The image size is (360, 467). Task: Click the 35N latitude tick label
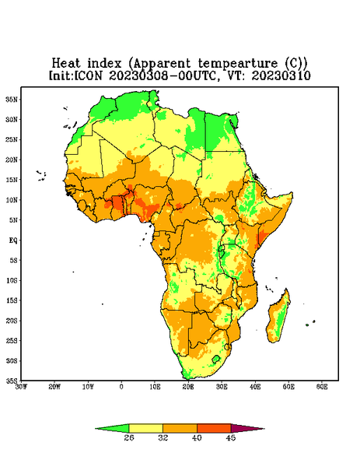point(12,100)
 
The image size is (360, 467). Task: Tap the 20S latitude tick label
point(12,321)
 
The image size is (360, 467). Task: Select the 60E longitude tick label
point(322,387)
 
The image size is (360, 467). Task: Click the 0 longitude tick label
point(121,387)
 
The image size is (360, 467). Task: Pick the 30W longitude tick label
point(21,387)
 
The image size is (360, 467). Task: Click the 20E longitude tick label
point(188,387)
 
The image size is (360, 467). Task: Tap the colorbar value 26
point(129,437)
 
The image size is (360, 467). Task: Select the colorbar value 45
point(231,437)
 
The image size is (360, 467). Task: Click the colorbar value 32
point(163,437)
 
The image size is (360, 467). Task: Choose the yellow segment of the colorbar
point(145,428)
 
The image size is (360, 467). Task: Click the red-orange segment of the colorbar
point(214,428)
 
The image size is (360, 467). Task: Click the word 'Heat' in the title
point(66,63)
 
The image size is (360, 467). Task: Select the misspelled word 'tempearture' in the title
point(238,64)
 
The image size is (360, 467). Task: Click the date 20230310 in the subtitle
point(281,75)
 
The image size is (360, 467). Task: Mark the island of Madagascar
point(279,318)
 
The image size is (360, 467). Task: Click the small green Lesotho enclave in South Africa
point(216,359)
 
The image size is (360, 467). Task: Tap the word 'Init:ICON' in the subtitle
point(75,75)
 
